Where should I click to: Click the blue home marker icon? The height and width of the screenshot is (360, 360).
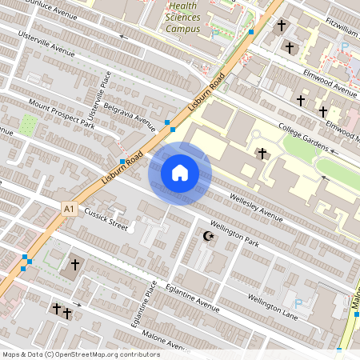coord(180,173)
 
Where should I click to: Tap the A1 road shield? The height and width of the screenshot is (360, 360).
coord(70,209)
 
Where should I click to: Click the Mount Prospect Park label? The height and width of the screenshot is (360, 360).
coord(61,114)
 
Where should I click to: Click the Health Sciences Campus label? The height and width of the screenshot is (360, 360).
coord(183,18)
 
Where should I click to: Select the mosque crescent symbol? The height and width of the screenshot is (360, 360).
coord(210,237)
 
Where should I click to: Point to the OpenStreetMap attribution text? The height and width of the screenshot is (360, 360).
coord(81,354)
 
